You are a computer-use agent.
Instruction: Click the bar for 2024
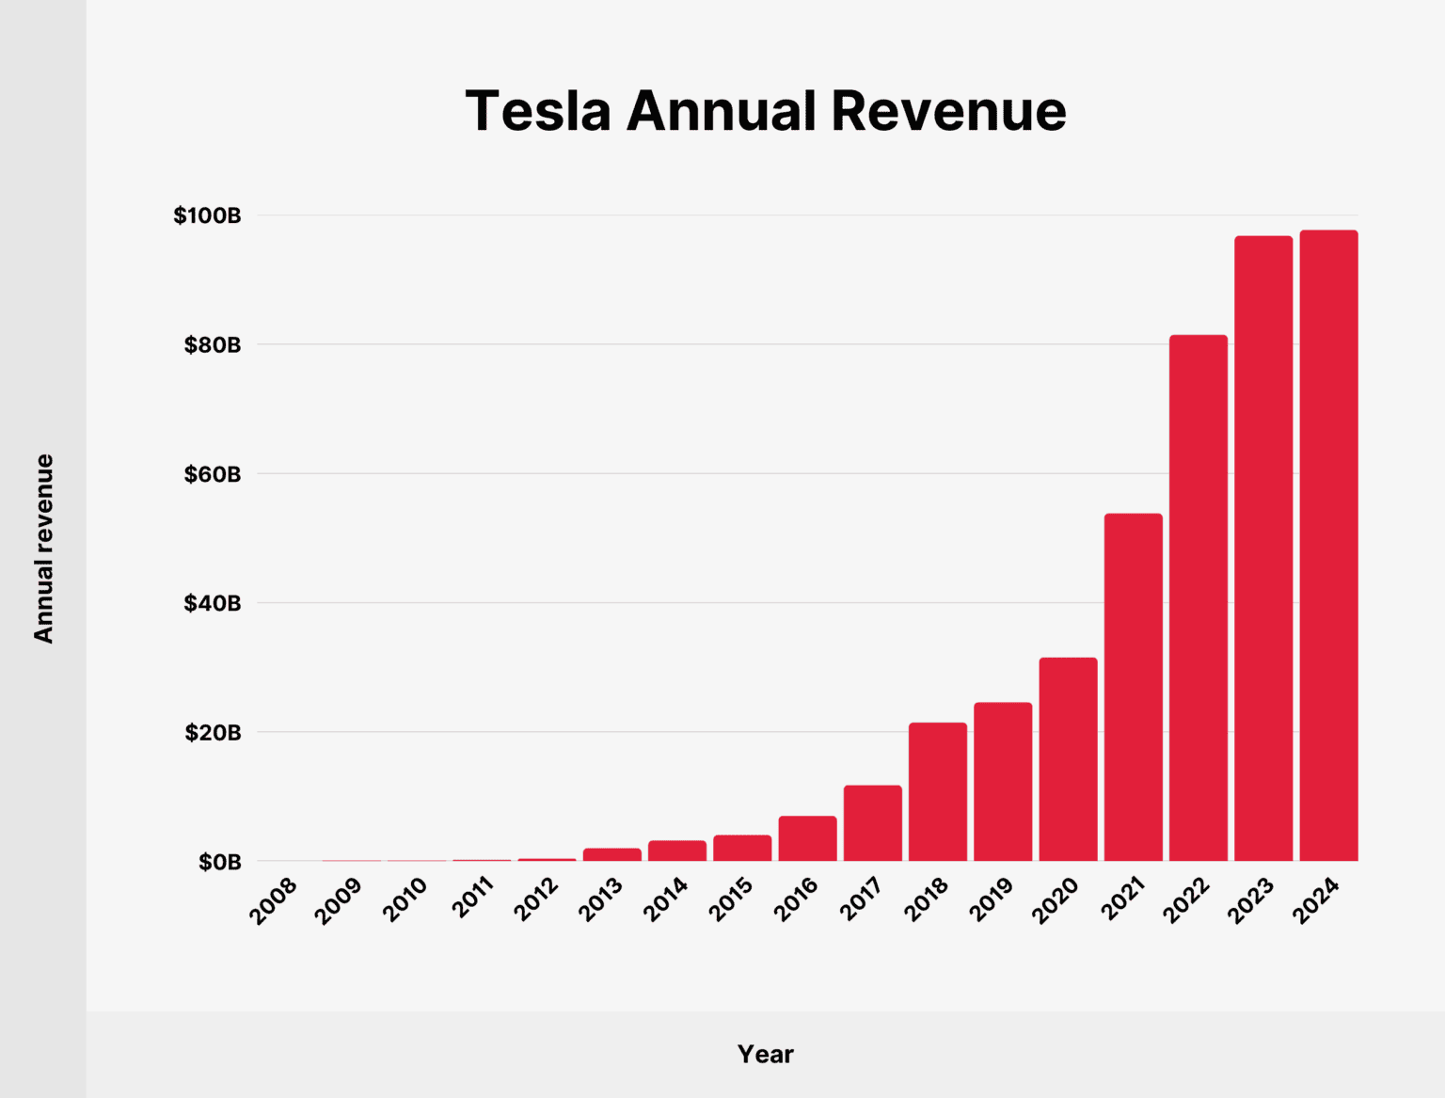pos(1328,546)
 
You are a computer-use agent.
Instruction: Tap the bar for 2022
pos(1199,598)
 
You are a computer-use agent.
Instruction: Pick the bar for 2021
pos(1133,687)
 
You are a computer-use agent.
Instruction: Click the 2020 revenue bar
pos(1068,759)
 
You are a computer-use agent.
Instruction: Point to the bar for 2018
pos(937,791)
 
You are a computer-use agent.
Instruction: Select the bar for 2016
pos(807,838)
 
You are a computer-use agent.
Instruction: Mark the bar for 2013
pos(611,854)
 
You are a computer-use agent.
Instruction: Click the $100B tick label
pos(207,215)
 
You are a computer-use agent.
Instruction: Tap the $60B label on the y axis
pos(213,474)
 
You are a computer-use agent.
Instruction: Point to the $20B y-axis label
pos(213,732)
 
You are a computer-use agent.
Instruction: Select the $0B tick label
pos(219,862)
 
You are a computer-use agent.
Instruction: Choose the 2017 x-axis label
pos(861,899)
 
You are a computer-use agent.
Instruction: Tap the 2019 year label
pos(991,899)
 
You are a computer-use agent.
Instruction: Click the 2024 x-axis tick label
pos(1316,899)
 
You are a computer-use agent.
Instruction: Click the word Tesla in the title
pos(538,111)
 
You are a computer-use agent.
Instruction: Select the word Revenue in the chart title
pos(948,111)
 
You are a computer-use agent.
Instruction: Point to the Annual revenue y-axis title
pos(43,549)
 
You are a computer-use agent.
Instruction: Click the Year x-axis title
pos(765,1054)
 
